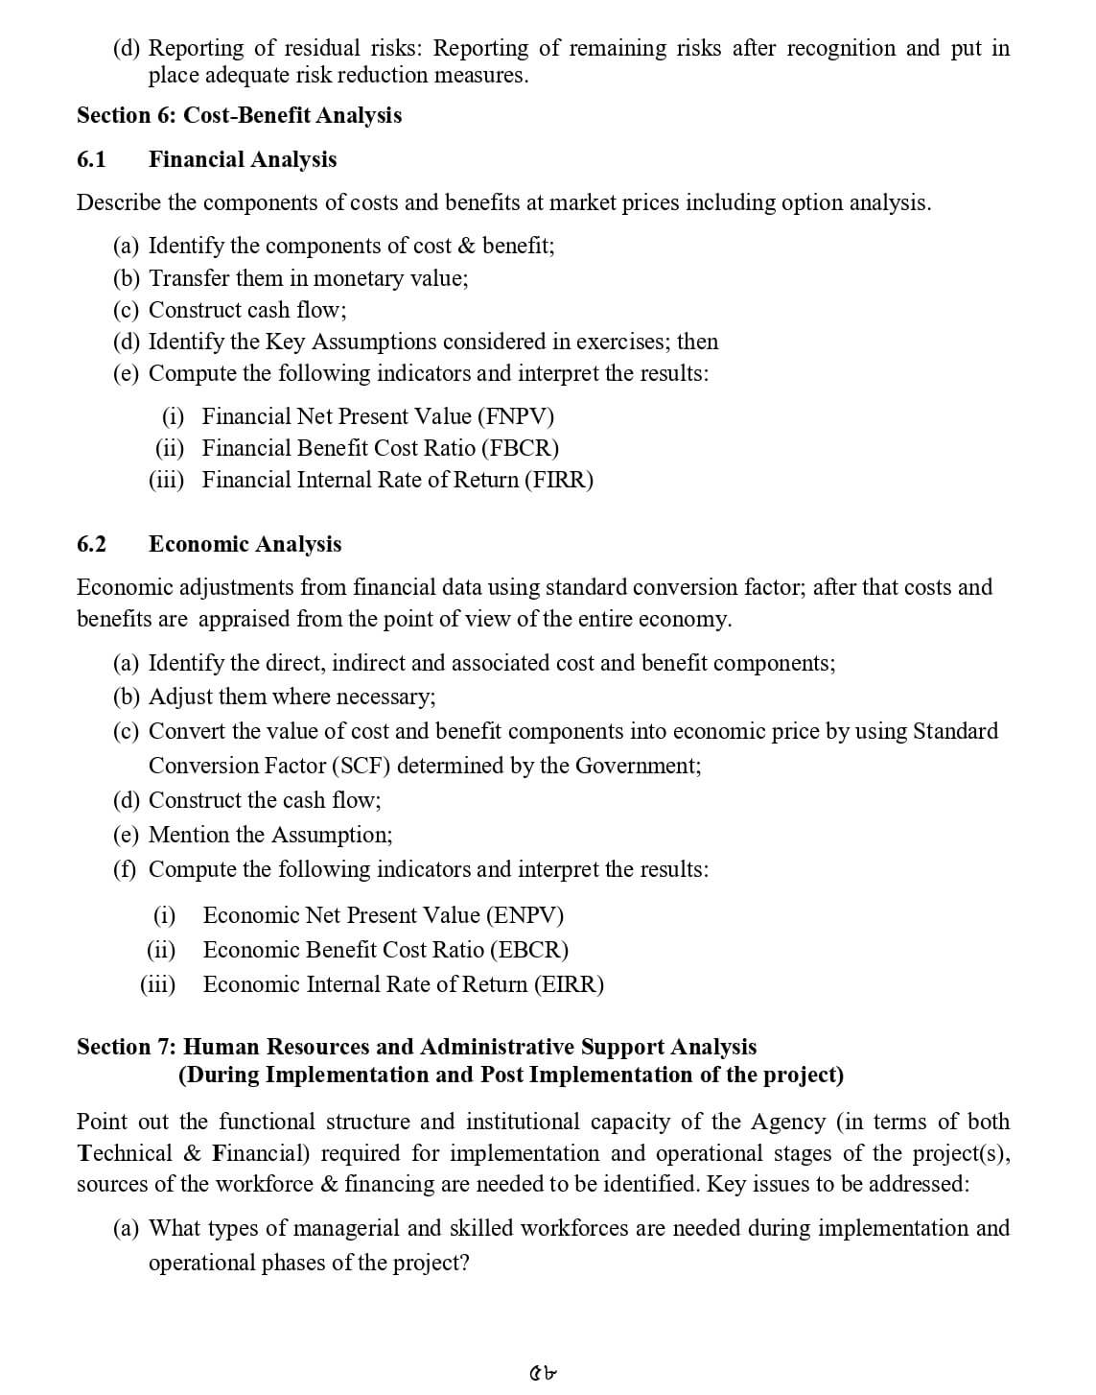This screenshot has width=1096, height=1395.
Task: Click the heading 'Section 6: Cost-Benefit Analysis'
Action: point(239,115)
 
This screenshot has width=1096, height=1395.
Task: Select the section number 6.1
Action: point(91,159)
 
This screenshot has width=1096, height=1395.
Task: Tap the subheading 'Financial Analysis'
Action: point(243,159)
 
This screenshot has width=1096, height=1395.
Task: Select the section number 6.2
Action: point(91,544)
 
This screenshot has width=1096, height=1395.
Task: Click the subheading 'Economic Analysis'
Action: point(245,544)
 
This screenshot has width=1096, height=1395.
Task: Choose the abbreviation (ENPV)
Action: point(525,915)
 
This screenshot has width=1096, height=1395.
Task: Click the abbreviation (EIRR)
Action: point(570,984)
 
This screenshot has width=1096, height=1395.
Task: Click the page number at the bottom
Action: point(544,1373)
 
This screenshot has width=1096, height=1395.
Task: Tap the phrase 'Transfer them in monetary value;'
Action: point(309,278)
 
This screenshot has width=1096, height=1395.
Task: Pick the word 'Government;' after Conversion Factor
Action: point(638,766)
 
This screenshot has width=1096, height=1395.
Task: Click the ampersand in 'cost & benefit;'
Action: point(467,246)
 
